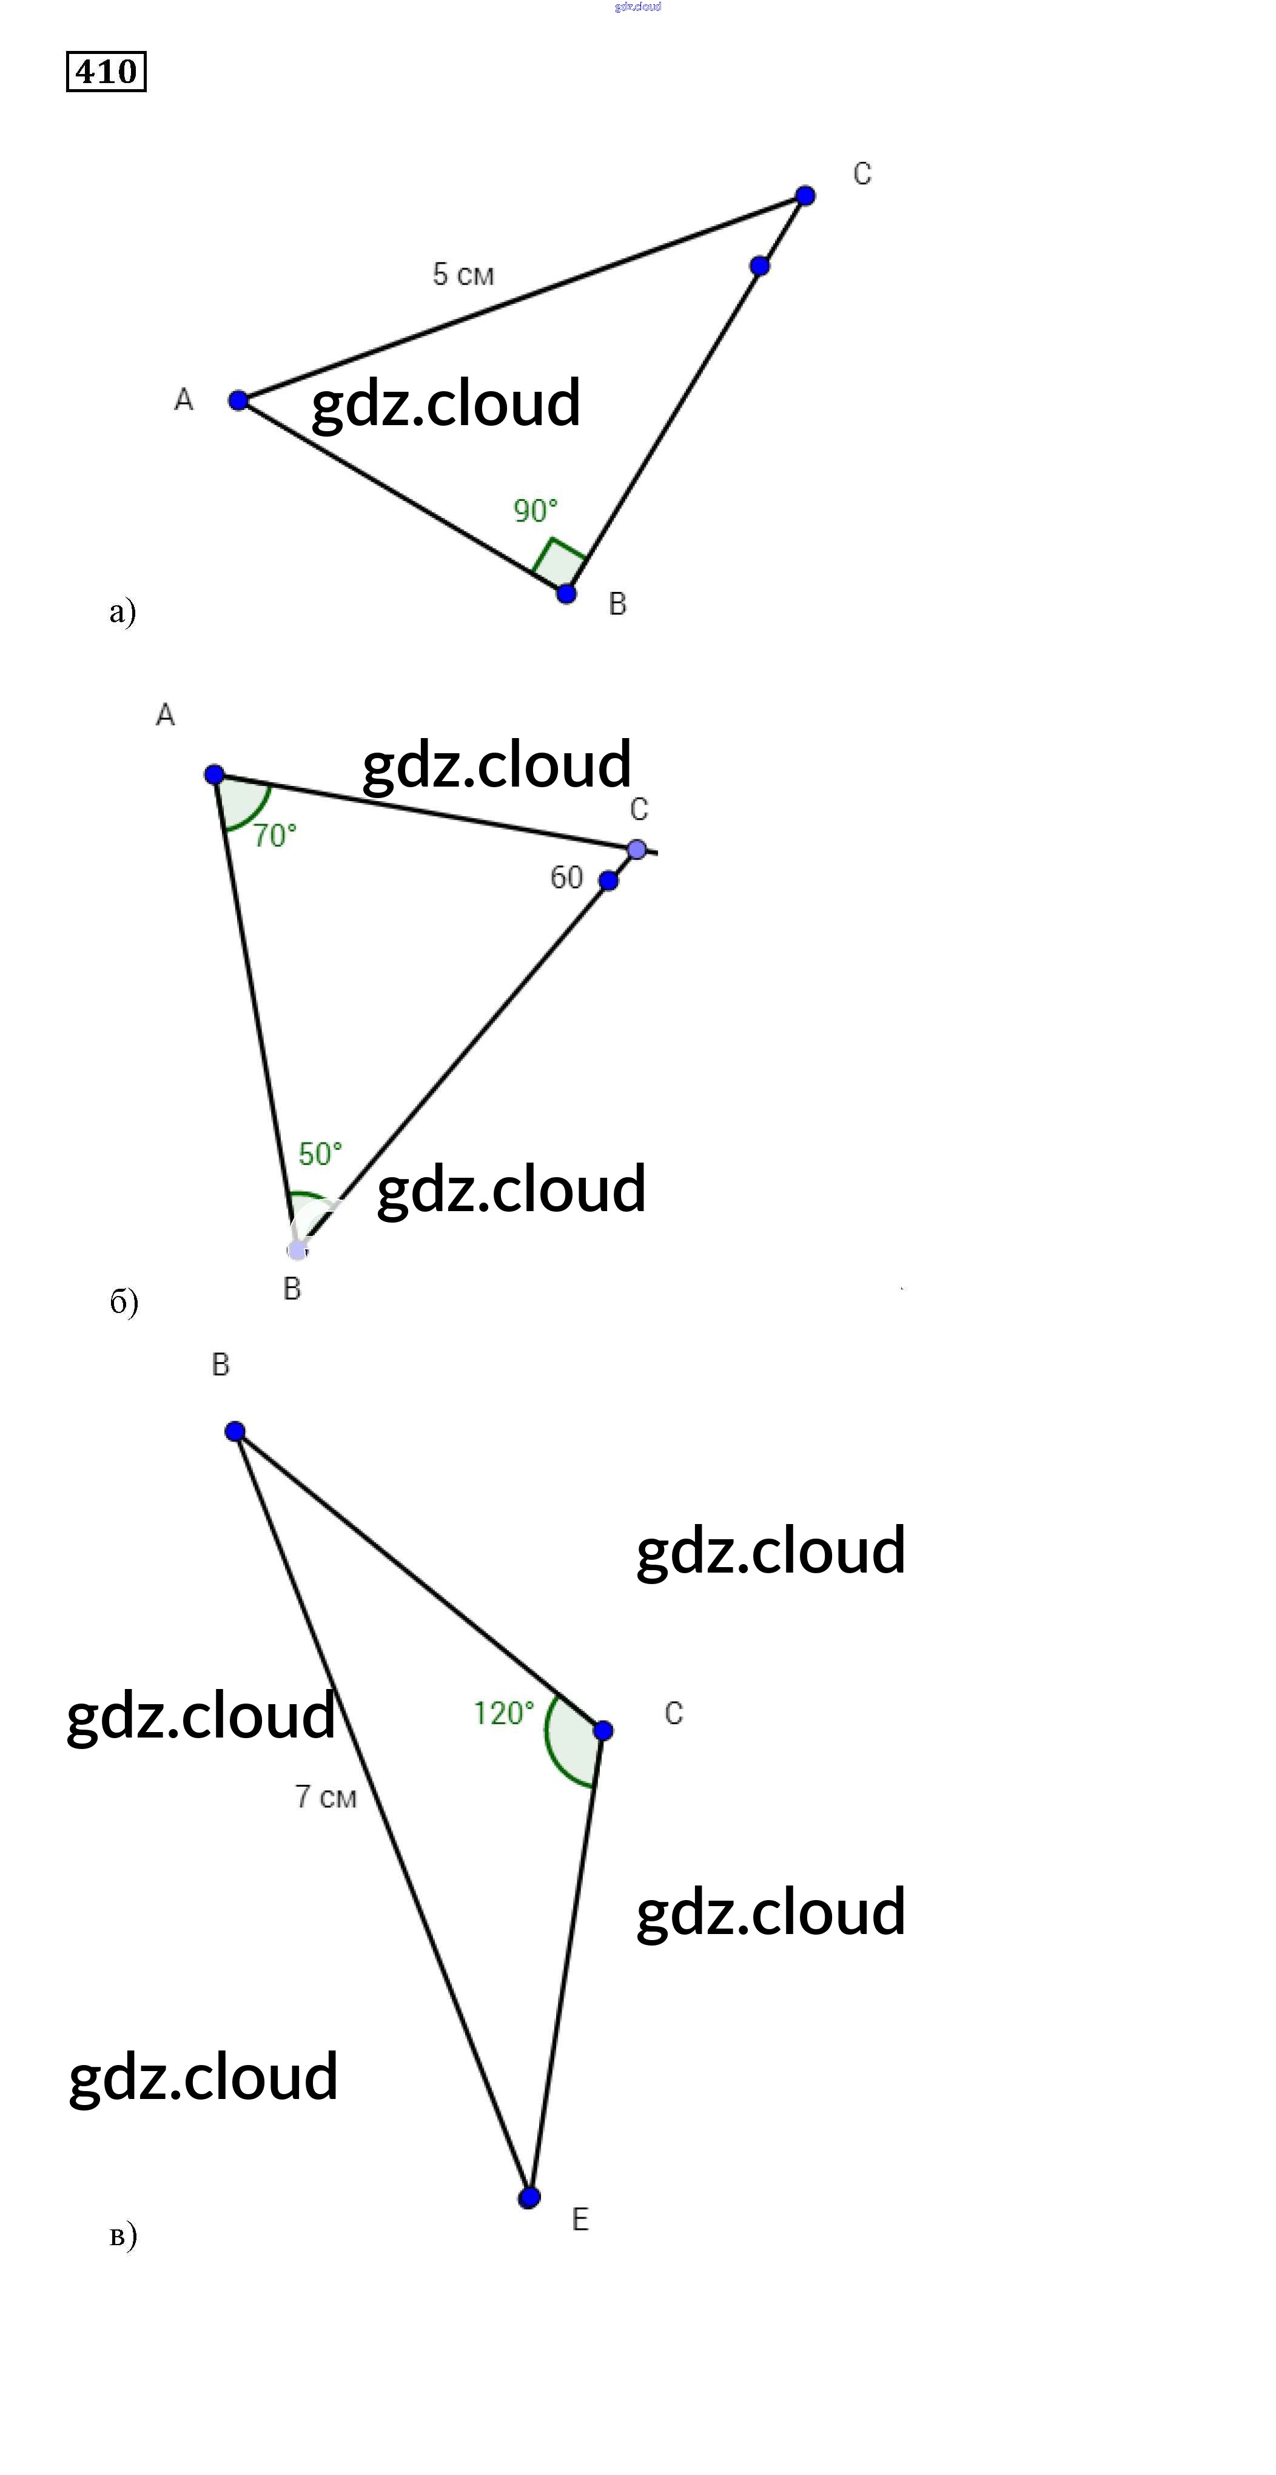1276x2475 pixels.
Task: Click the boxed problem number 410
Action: pos(106,71)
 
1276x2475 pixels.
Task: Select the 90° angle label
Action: pos(535,510)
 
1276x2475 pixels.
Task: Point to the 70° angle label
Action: pos(275,835)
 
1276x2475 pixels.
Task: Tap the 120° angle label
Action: pos(503,1713)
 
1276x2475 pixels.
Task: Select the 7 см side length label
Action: pos(325,1797)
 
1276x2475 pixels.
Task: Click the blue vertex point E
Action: pos(528,2197)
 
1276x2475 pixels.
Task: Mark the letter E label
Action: pos(580,2220)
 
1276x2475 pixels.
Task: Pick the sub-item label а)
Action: pos(122,611)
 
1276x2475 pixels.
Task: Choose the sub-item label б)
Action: pos(123,1302)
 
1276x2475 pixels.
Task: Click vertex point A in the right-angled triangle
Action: pos(238,400)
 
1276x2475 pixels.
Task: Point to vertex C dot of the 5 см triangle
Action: pos(805,196)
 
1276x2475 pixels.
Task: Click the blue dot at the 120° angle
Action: pos(602,1730)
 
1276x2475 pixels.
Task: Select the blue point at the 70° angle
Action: pos(214,774)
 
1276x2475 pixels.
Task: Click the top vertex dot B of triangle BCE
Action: pos(235,1432)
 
